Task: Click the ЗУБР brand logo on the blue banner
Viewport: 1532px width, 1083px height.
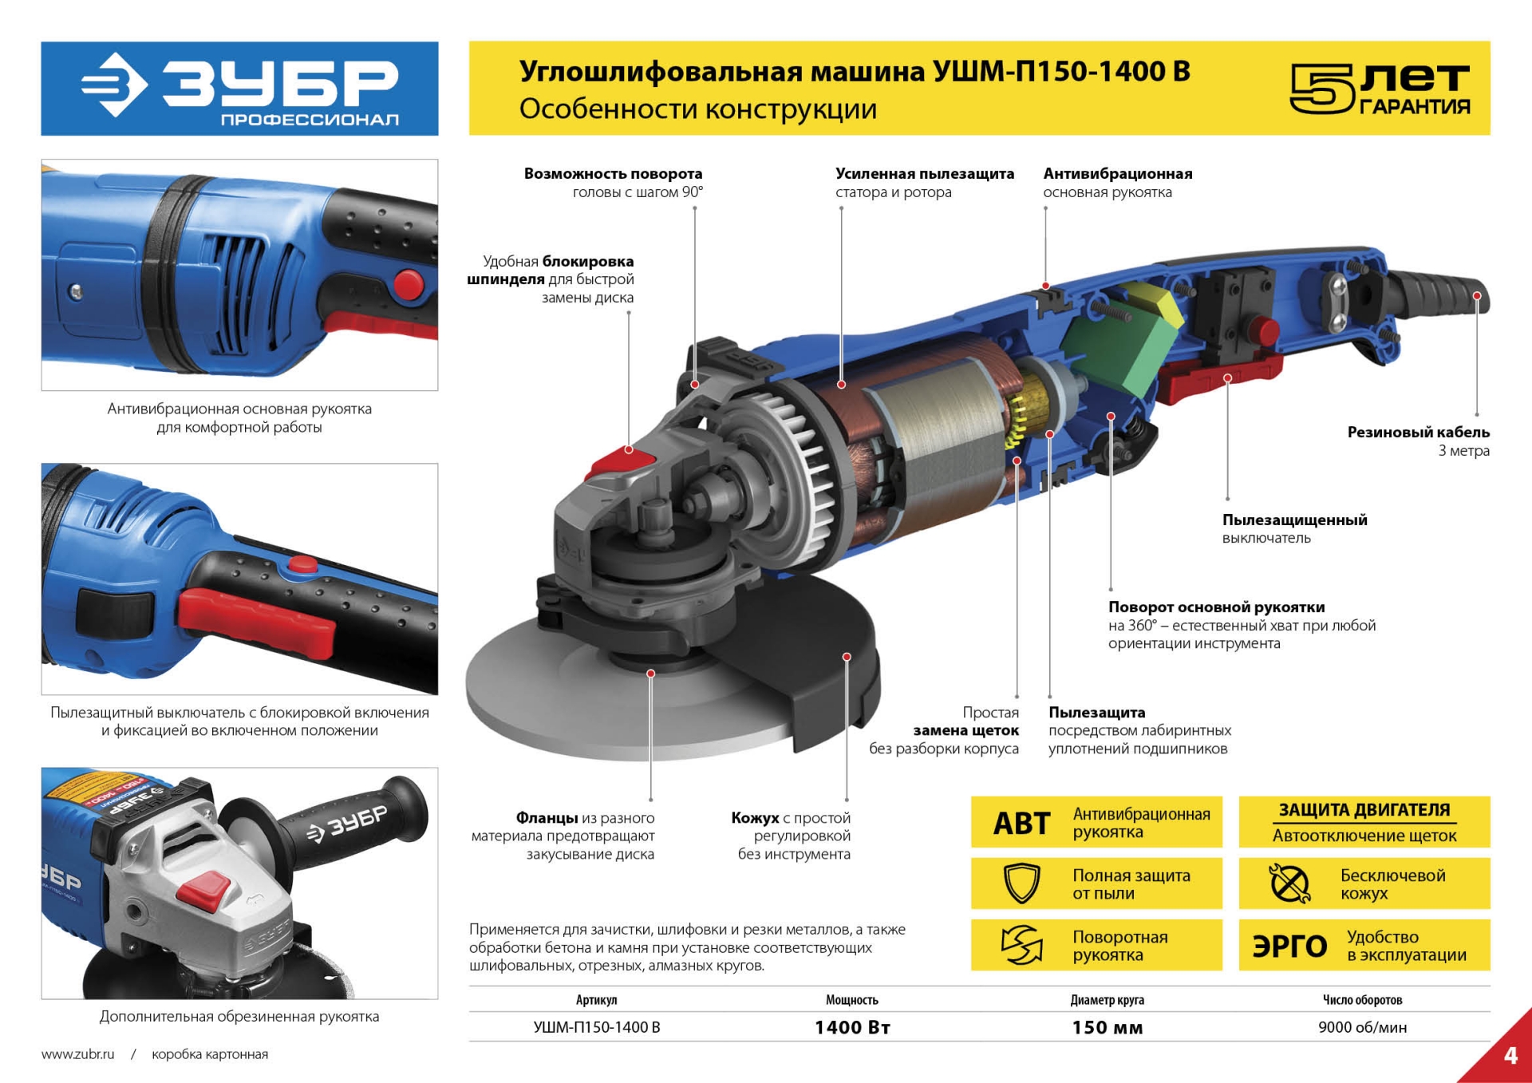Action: click(239, 88)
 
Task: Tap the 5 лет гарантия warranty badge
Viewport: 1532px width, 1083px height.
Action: click(1380, 89)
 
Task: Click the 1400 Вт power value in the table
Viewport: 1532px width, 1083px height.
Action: click(851, 1027)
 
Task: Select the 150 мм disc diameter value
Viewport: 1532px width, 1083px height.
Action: click(1107, 1027)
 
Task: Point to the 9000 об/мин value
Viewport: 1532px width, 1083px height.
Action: click(1362, 1027)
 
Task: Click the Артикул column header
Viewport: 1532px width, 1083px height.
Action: click(596, 1000)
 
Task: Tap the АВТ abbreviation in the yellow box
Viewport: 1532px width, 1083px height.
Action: click(1021, 823)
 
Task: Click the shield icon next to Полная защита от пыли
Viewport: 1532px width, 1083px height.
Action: click(1021, 883)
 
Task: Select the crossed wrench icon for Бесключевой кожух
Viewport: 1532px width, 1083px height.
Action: click(1289, 883)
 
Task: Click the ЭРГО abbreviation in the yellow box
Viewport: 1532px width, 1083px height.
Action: click(1289, 946)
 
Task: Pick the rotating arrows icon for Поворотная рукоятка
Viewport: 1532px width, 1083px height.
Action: click(1021, 945)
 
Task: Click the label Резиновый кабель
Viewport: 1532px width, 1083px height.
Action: click(1418, 432)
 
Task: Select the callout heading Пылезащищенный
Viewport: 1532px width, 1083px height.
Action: click(1294, 520)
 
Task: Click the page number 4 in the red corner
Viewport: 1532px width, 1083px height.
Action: click(1510, 1056)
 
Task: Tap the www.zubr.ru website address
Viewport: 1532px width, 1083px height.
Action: click(77, 1054)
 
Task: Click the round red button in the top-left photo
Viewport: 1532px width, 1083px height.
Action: click(409, 285)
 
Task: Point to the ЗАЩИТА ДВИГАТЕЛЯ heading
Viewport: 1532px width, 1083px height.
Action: click(1364, 809)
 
